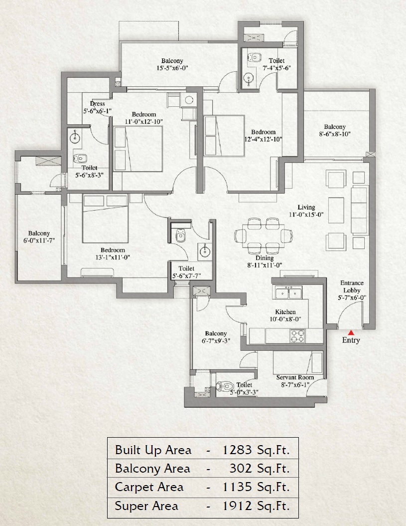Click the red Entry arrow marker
pos(351,332)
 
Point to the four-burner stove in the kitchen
pos(297,336)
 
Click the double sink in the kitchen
pos(287,292)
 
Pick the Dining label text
pos(265,258)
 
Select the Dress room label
pos(98,107)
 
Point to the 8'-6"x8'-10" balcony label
pos(334,134)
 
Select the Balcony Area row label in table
pos(152,469)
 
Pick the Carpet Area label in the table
pos(149,487)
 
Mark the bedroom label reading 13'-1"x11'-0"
pos(113,254)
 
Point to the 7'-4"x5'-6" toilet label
pos(276,64)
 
